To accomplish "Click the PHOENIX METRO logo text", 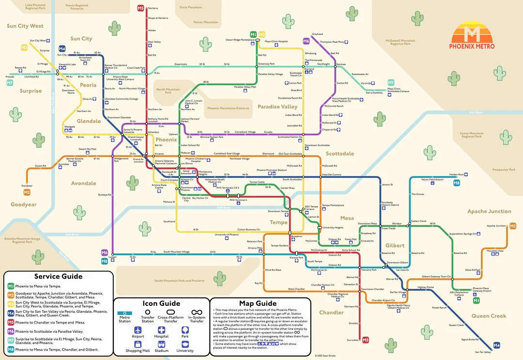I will (x=472, y=46).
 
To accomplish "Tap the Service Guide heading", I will (x=59, y=276).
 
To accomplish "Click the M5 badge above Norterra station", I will (x=140, y=8).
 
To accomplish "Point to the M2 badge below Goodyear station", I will (x=27, y=192).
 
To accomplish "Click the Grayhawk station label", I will (x=317, y=34).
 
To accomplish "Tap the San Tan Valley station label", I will (x=483, y=352).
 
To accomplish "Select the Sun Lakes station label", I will (x=353, y=340).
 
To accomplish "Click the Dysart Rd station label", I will (x=41, y=166).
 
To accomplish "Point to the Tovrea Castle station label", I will (x=257, y=182).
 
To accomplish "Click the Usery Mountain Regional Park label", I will (x=471, y=135).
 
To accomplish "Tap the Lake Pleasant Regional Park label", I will (x=35, y=7).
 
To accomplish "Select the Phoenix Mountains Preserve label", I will (x=228, y=108).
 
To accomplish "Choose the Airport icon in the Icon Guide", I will (x=138, y=330).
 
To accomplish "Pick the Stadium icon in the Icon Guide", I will (x=161, y=344).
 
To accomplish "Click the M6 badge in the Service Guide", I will (x=11, y=331).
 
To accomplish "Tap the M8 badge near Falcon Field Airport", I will (x=457, y=183).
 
